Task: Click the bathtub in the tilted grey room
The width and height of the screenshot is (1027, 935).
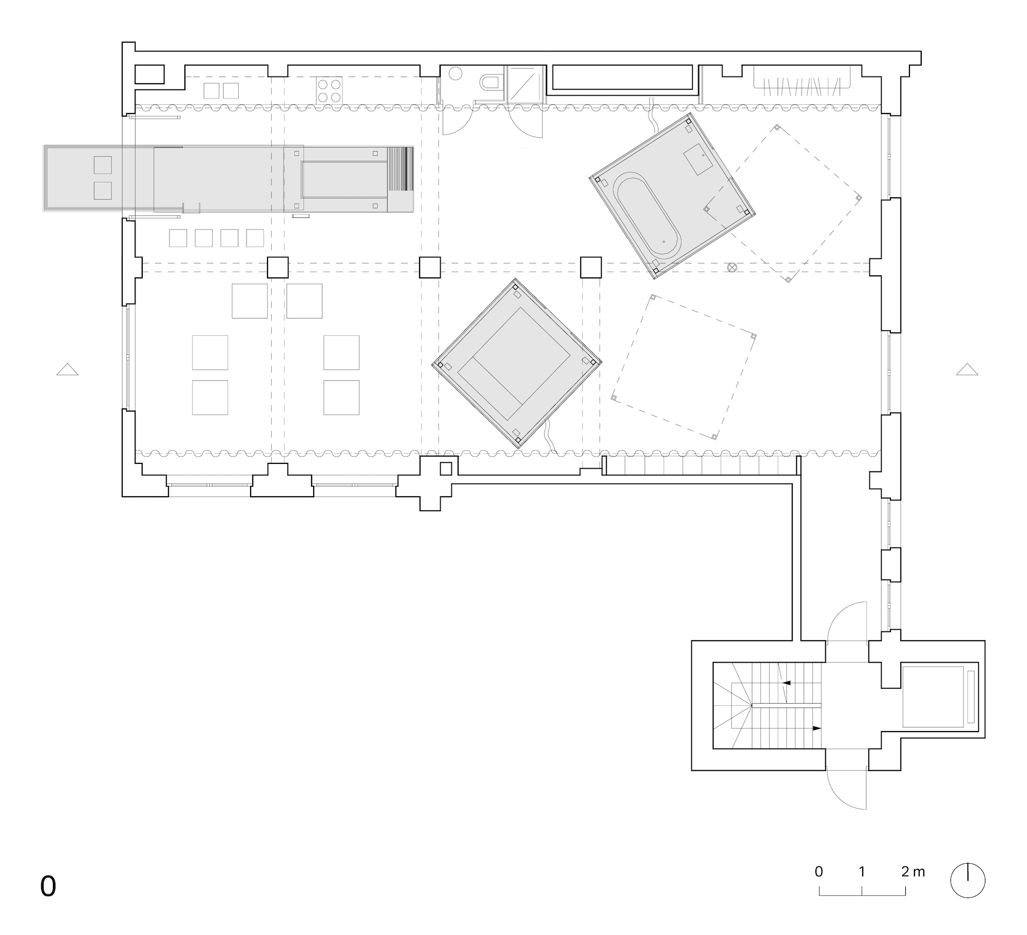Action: (648, 215)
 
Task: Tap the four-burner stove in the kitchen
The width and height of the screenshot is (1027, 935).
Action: (329, 90)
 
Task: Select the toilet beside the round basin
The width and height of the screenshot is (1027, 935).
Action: (490, 83)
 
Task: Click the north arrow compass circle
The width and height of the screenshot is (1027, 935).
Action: (968, 880)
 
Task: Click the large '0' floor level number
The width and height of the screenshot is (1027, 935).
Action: (48, 886)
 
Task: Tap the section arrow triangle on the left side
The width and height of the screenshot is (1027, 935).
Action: (67, 369)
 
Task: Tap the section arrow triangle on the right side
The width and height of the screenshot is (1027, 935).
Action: (967, 369)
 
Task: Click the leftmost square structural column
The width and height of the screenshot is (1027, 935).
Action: (278, 267)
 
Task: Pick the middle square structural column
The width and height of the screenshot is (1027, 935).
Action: (430, 267)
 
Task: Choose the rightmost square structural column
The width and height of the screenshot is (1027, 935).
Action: (591, 267)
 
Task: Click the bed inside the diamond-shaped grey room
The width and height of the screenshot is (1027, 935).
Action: (514, 363)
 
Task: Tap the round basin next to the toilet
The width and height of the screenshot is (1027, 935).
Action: (455, 73)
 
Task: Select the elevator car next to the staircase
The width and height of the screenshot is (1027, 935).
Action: (933, 697)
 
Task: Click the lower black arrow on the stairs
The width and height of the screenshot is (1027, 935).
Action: (817, 728)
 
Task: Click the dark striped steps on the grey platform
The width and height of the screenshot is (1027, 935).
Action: (401, 170)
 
